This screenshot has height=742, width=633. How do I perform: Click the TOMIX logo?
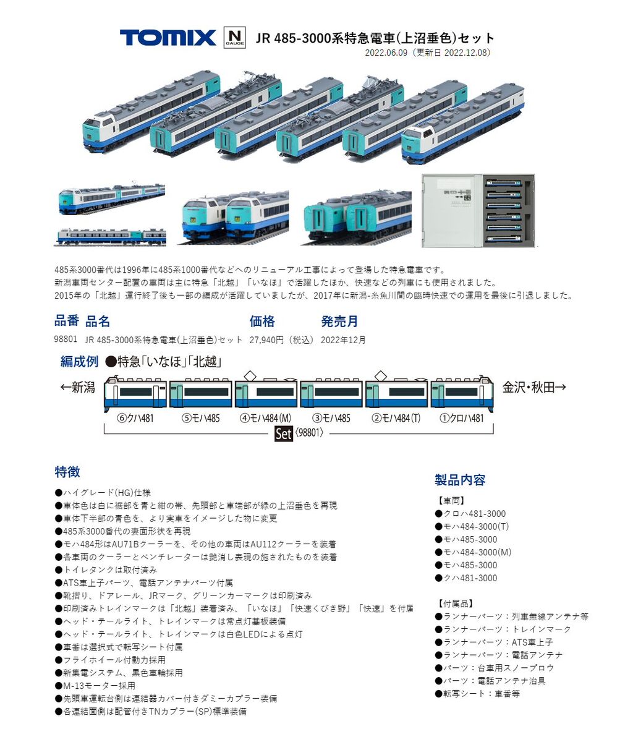pyautogui.click(x=168, y=38)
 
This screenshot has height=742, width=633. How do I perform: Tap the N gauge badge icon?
pyautogui.click(x=234, y=38)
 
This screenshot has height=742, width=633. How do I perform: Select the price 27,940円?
pyautogui.click(x=282, y=339)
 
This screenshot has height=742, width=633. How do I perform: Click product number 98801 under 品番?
pyautogui.click(x=66, y=339)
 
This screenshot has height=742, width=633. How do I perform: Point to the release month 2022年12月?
pyautogui.click(x=343, y=339)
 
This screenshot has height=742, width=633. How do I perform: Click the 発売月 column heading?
pyautogui.click(x=339, y=322)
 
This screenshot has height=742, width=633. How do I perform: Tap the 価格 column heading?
pyautogui.click(x=262, y=322)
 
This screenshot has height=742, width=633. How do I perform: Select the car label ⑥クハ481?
pyautogui.click(x=135, y=418)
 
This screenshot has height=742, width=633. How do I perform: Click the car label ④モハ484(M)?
pyautogui.click(x=265, y=418)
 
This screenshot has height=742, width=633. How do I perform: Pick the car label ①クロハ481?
pyautogui.click(x=461, y=418)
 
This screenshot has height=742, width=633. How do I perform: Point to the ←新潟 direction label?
pyautogui.click(x=78, y=388)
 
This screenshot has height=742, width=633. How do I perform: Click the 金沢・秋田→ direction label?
pyautogui.click(x=534, y=388)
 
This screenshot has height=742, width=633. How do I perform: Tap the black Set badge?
pyautogui.click(x=283, y=433)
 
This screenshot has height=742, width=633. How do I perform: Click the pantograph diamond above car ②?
pyautogui.click(x=381, y=375)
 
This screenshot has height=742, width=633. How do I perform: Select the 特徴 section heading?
pyautogui.click(x=67, y=472)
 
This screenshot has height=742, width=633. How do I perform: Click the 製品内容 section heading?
pyautogui.click(x=460, y=480)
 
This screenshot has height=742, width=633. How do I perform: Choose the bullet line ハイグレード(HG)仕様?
pyautogui.click(x=103, y=493)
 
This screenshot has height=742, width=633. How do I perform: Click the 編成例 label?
pyautogui.click(x=79, y=362)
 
